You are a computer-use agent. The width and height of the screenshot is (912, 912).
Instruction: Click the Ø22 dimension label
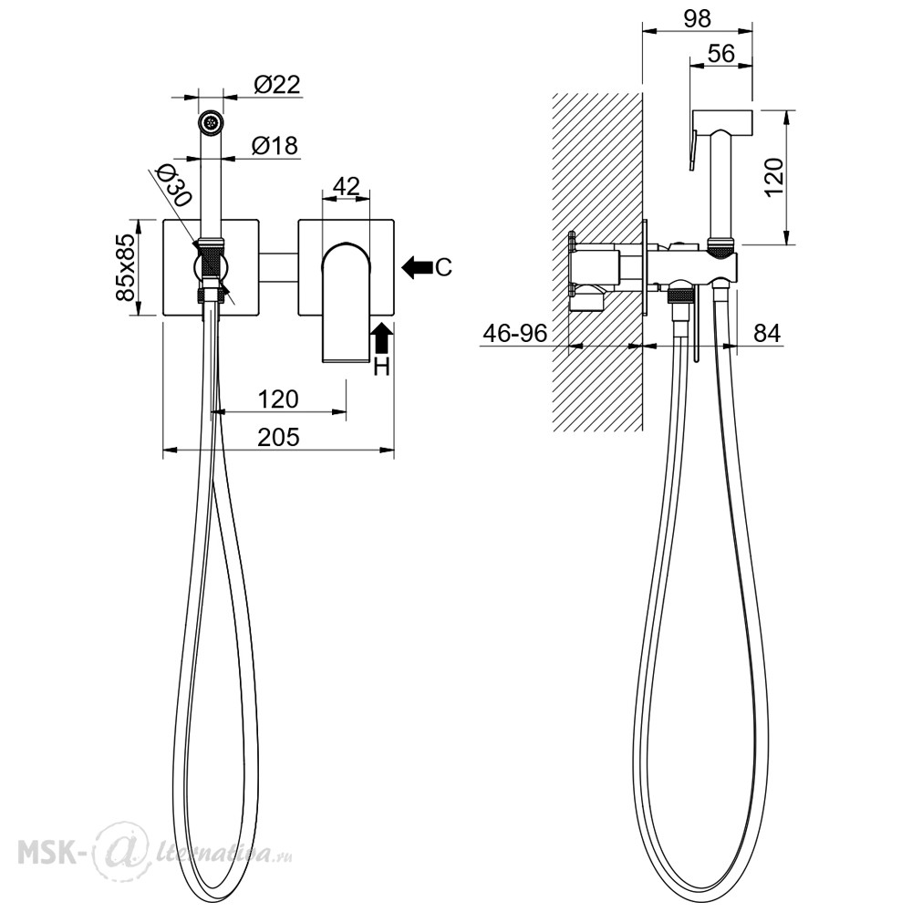click(x=277, y=85)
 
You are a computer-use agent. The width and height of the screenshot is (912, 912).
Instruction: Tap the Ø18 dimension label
click(x=275, y=145)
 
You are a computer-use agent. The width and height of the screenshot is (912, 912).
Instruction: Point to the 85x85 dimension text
click(x=126, y=267)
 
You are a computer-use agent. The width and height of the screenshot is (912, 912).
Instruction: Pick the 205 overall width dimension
click(x=278, y=437)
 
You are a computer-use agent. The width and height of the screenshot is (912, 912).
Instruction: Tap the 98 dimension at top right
click(x=697, y=18)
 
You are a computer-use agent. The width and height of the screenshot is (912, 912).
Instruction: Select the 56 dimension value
click(x=721, y=54)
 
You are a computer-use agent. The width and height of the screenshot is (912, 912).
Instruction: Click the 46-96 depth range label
click(x=515, y=333)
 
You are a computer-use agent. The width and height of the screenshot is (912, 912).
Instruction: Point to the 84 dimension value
click(x=767, y=333)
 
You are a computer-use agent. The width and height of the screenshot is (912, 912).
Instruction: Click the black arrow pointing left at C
click(x=417, y=267)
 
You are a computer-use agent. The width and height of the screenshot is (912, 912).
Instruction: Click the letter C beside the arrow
click(x=443, y=267)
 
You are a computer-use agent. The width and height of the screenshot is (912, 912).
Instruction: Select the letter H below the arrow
click(x=381, y=367)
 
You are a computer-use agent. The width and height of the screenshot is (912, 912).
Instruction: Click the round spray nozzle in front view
click(x=211, y=123)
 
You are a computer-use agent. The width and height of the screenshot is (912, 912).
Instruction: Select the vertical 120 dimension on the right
click(x=774, y=177)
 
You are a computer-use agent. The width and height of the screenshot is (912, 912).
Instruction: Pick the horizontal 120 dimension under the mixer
click(x=278, y=399)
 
